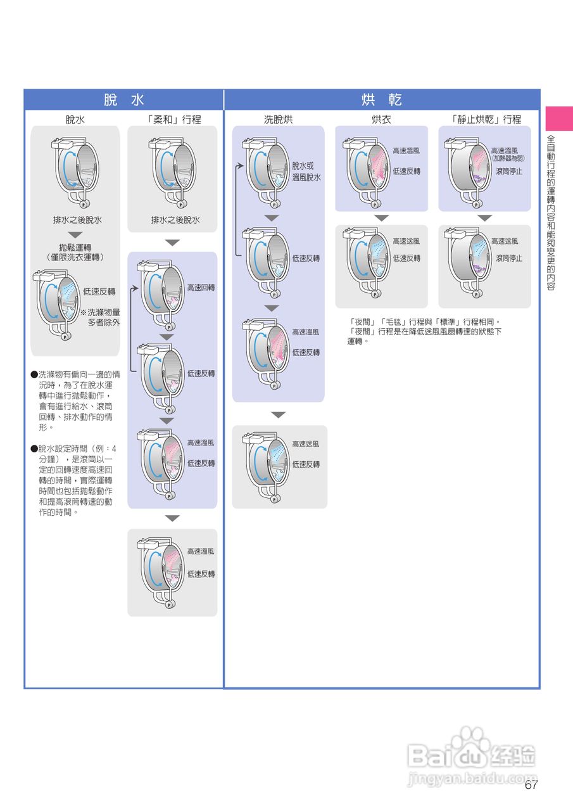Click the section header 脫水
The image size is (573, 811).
[x=124, y=100]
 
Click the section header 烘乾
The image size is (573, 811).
[x=382, y=100]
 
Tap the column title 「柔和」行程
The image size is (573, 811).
[x=173, y=119]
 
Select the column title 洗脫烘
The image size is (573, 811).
[x=279, y=119]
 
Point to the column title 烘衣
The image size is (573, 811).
[x=381, y=119]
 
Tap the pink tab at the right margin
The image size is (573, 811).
[x=559, y=118]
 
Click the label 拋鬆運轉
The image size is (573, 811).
[x=75, y=247]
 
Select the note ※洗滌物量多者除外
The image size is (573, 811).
[x=100, y=317]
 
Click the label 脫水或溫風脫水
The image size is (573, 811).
[x=306, y=172]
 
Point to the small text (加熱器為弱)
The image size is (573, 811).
[x=508, y=158]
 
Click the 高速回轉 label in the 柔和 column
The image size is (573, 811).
[x=201, y=288]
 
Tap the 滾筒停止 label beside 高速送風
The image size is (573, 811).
[x=509, y=258]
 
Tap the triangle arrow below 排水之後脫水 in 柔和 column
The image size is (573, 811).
[x=172, y=243]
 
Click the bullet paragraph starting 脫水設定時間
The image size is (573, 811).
[x=75, y=480]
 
